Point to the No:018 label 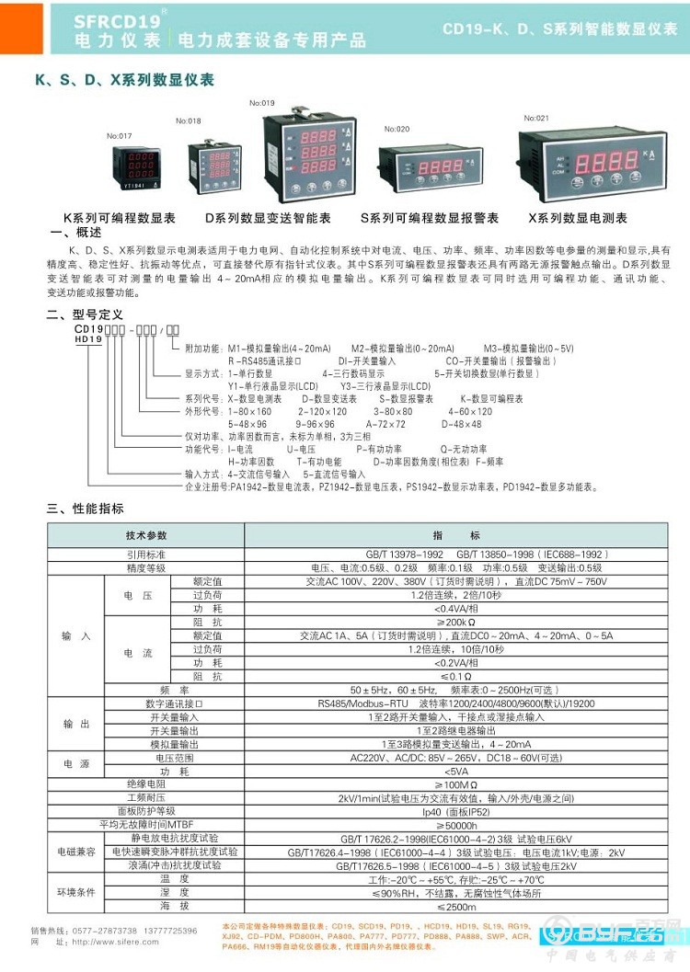tap(188, 120)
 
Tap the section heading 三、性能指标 tap(85, 508)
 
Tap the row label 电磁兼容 tap(76, 852)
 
